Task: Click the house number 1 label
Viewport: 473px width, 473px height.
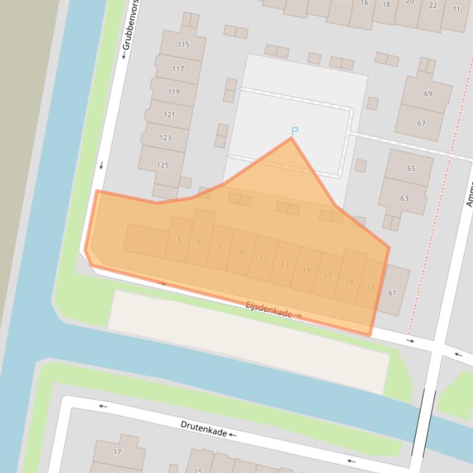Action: click(146, 241)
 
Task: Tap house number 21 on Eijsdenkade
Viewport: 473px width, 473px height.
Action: click(370, 287)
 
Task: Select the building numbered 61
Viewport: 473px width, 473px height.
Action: click(392, 292)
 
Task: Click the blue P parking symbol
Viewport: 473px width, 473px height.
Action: click(295, 131)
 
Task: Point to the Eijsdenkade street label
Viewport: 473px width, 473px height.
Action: click(269, 309)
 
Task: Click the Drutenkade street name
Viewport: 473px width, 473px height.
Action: click(204, 428)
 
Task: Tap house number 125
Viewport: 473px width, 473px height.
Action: click(162, 165)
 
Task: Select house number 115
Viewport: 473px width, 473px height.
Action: click(183, 44)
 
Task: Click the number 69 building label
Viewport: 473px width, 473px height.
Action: click(427, 93)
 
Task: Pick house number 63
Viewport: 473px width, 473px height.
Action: click(404, 198)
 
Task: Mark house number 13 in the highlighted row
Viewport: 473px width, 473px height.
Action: click(284, 265)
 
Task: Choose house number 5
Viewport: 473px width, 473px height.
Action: click(199, 244)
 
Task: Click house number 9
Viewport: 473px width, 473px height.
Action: click(242, 252)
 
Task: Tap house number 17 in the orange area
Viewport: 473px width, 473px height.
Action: click(327, 276)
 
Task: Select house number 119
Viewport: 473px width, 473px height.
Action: click(173, 92)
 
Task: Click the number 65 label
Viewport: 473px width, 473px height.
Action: click(411, 168)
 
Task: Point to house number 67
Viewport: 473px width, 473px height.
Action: click(421, 123)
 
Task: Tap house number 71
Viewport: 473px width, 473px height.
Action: click(456, 9)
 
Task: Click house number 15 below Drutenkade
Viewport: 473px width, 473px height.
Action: click(198, 470)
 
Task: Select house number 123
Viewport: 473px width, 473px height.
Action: click(165, 138)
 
